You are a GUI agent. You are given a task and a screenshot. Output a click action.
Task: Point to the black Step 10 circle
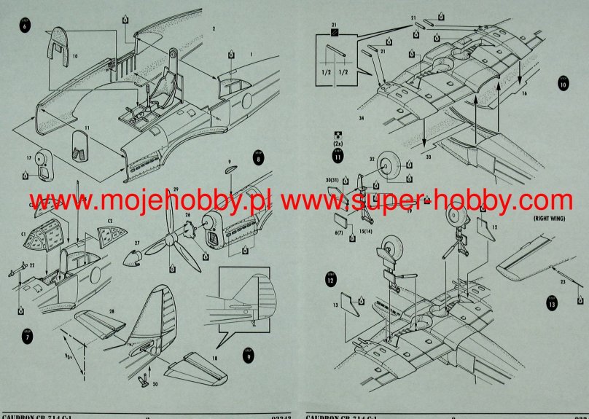pyautogui.click(x=563, y=83)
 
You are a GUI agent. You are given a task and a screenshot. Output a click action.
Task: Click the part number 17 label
pyautogui.click(x=28, y=157)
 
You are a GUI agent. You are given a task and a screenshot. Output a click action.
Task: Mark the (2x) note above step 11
pyautogui.click(x=338, y=144)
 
